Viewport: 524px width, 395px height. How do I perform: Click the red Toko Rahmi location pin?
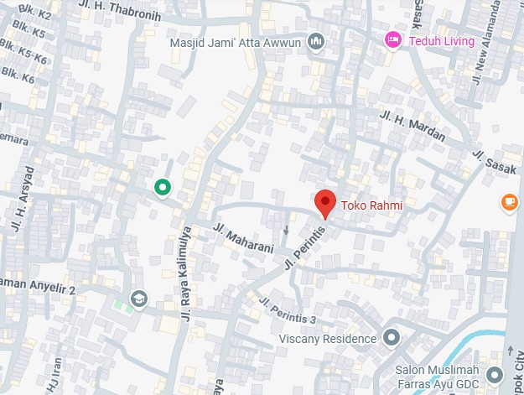click(x=324, y=204)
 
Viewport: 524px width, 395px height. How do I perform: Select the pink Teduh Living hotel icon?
click(x=392, y=39)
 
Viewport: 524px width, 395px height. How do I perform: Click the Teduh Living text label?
click(x=441, y=40)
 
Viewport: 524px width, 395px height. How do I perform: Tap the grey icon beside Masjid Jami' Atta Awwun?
click(x=316, y=42)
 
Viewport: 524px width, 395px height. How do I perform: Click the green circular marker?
click(x=162, y=188)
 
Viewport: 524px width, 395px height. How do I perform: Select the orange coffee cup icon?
click(x=509, y=201)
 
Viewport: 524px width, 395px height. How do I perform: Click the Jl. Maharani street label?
click(x=243, y=238)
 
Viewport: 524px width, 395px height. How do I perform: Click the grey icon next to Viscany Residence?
click(x=391, y=338)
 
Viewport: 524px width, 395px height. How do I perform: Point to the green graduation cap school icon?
click(x=138, y=299)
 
